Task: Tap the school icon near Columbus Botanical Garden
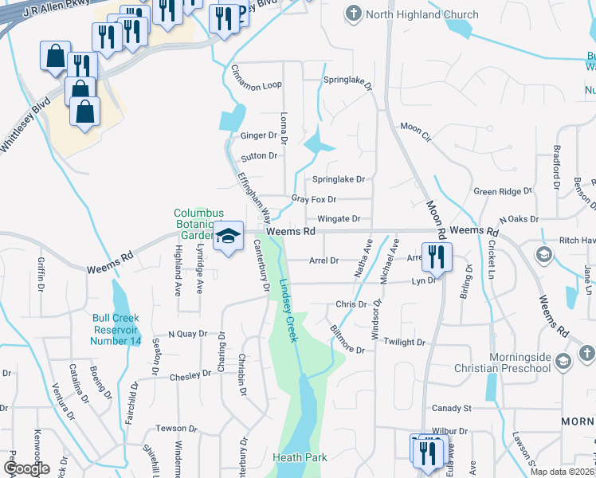click(229, 237)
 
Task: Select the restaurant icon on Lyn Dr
click(436, 257)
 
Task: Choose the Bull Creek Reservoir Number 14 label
click(116, 329)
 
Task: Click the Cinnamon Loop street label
click(256, 85)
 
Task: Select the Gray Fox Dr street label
click(314, 199)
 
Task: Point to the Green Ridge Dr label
click(502, 192)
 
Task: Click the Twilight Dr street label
click(405, 342)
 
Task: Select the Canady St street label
click(452, 408)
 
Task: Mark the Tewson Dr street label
click(176, 429)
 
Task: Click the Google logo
click(27, 468)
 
